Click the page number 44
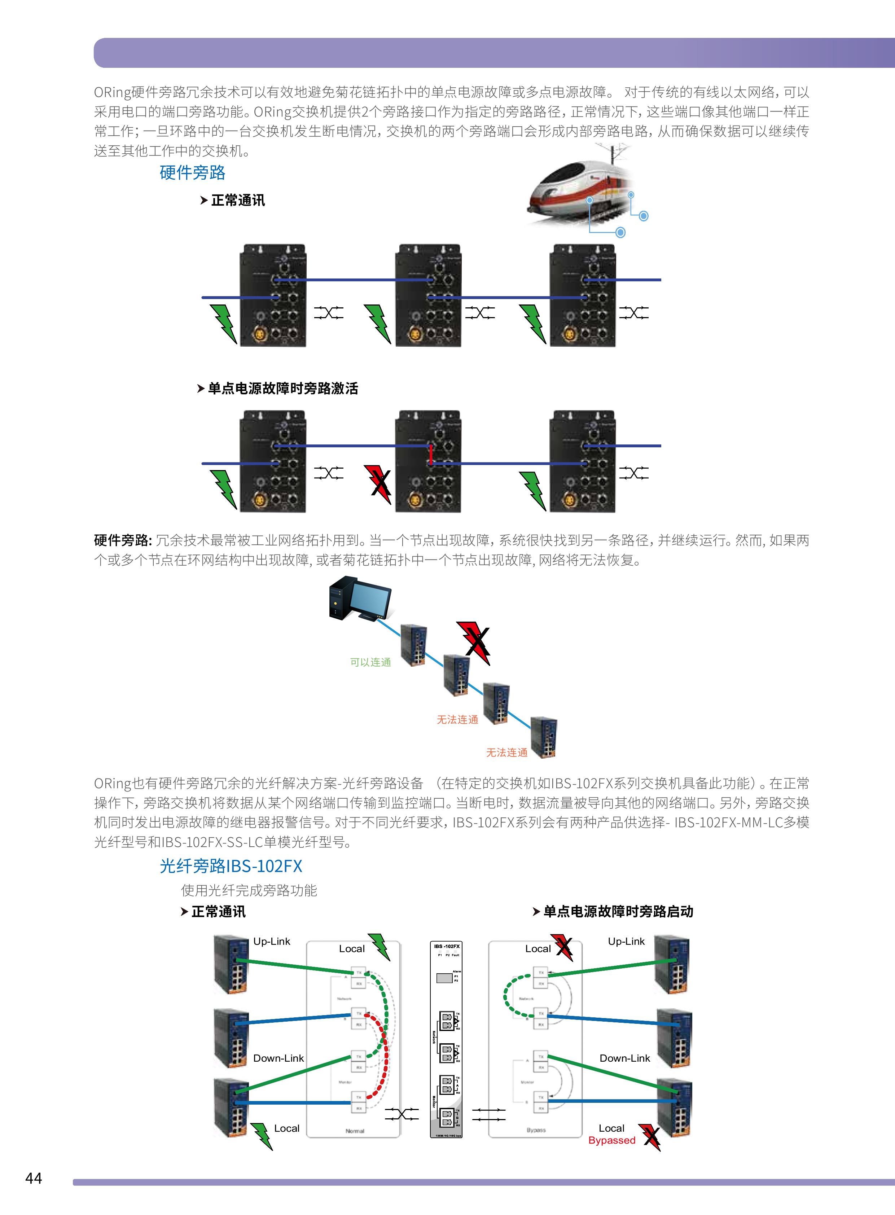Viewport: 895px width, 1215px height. coord(34,1177)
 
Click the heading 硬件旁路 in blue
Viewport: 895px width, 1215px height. coord(192,173)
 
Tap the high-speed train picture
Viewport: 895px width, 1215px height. coord(582,190)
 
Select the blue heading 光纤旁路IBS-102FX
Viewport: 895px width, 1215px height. coord(231,865)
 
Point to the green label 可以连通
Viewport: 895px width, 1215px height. coord(370,662)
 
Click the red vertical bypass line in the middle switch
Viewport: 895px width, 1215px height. coord(431,455)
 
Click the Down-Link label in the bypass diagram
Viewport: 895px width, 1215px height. coord(625,1058)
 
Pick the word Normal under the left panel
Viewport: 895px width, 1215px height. coord(355,1131)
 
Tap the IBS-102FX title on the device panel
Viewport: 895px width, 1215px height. coord(446,946)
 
